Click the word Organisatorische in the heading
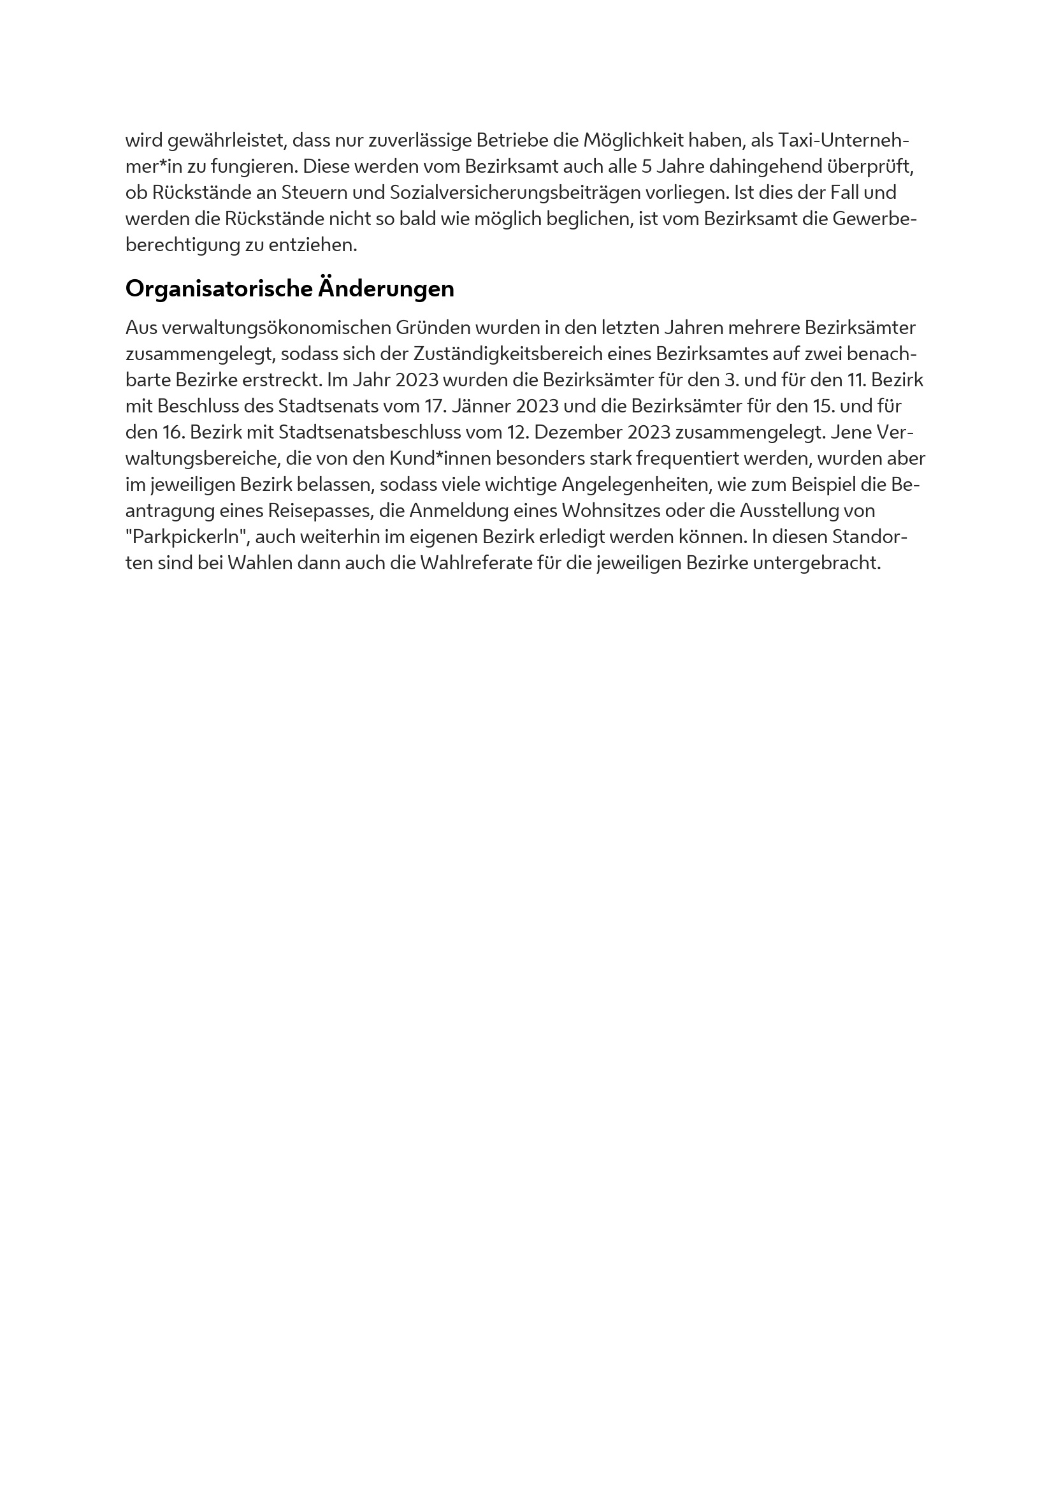[x=219, y=289]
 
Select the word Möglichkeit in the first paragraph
[x=633, y=140]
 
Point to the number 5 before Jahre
[x=646, y=167]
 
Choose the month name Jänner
[x=480, y=407]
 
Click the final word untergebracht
[x=816, y=563]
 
